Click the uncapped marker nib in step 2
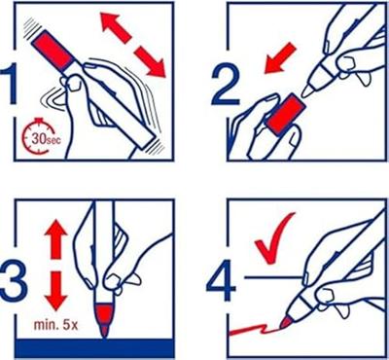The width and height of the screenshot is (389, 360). click(308, 90)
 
